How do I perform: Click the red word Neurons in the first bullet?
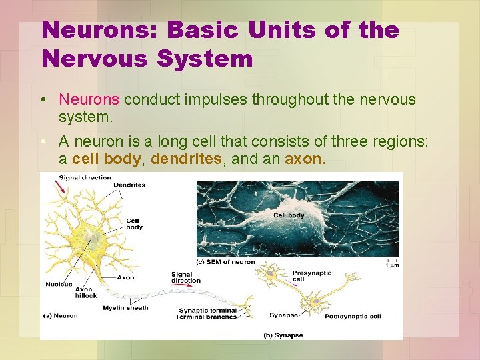[x=89, y=100]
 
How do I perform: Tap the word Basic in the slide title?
[x=207, y=30]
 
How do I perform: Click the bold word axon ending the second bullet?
[x=305, y=160]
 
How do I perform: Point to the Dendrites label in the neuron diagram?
[x=129, y=185]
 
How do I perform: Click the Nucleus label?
[x=59, y=284]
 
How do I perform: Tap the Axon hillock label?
[x=86, y=292]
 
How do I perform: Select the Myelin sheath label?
[x=125, y=308]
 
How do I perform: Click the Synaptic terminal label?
[x=207, y=311]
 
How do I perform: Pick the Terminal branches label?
[x=206, y=317]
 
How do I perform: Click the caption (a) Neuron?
[x=61, y=315]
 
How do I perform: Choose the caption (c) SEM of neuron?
[x=225, y=262]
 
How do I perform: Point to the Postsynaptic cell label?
[x=353, y=316]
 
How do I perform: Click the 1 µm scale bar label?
[x=393, y=265]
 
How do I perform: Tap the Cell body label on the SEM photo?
[x=289, y=215]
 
